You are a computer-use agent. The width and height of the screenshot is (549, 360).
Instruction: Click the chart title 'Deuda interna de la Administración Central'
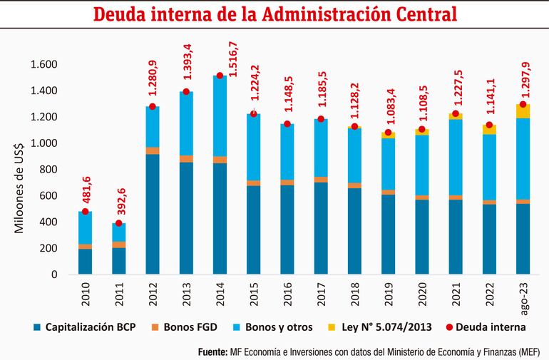point(274,15)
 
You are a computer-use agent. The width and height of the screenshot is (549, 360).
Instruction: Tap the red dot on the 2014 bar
point(220,76)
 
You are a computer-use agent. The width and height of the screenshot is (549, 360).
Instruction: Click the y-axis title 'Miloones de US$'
point(19,170)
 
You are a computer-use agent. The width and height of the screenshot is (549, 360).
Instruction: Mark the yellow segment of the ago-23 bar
point(523,111)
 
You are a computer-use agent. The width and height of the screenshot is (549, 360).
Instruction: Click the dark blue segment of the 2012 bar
point(152,214)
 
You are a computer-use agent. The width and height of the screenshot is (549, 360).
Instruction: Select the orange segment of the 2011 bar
point(118,245)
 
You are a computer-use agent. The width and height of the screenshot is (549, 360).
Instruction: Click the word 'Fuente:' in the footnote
point(211,351)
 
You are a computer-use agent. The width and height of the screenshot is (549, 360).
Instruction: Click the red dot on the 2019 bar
point(388,133)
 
